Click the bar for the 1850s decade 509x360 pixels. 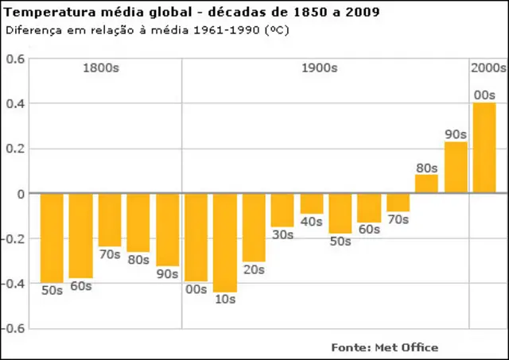[52, 237]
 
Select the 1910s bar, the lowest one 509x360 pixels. [225, 242]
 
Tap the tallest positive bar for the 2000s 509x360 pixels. [484, 148]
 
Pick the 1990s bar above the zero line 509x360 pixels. [456, 167]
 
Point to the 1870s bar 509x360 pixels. [110, 219]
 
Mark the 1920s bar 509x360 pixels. [254, 226]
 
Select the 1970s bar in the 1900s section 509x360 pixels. [398, 202]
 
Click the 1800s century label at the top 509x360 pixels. [101, 68]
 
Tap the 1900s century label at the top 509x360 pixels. [319, 68]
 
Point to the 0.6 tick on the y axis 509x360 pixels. [16, 59]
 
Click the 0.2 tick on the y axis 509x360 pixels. [16, 149]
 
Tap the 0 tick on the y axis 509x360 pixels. [21, 193]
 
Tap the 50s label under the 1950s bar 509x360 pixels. [340, 242]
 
